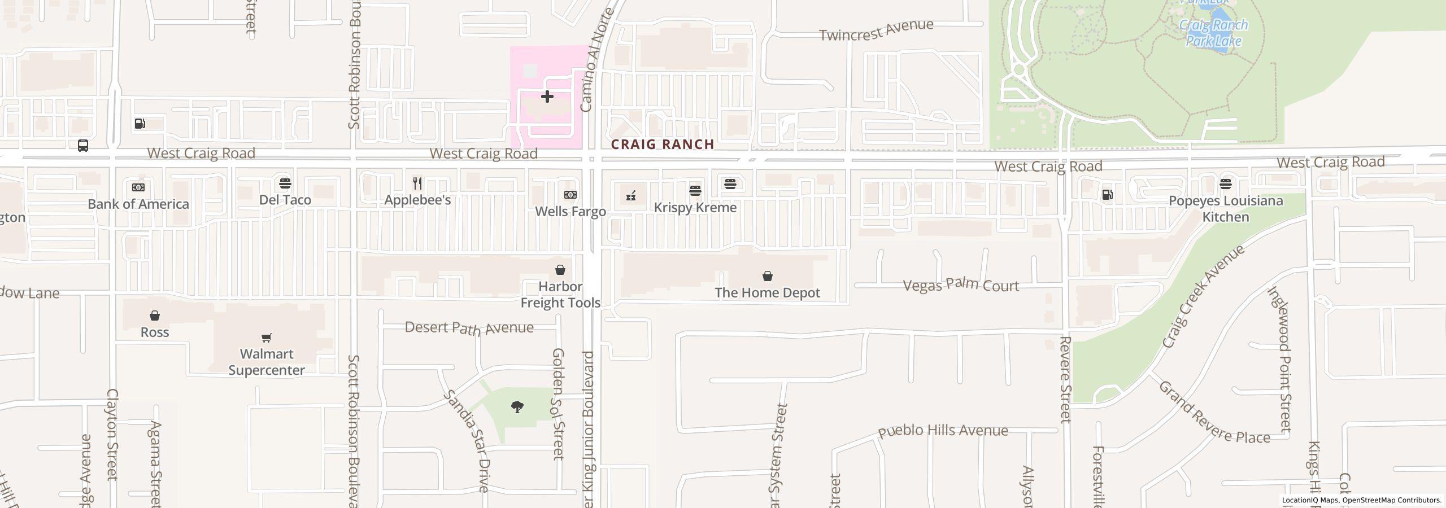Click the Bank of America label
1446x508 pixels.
pos(138,204)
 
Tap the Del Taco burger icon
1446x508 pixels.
pos(285,183)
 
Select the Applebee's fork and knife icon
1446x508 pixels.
pos(417,183)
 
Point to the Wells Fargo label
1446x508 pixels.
pos(570,211)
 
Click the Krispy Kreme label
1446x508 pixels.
pos(695,207)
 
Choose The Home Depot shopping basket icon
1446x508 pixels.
pos(767,276)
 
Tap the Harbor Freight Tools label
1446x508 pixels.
pos(560,295)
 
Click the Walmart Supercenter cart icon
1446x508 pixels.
pos(267,338)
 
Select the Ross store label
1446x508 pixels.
pos(155,332)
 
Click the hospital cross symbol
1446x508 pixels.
pos(547,97)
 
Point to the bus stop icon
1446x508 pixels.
pos(83,146)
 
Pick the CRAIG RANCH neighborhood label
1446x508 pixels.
pos(663,144)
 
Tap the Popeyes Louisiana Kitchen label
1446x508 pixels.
pos(1226,209)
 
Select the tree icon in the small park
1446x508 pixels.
pos(517,406)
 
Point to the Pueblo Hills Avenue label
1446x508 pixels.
pos(943,431)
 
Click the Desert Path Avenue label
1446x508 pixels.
pos(469,327)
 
